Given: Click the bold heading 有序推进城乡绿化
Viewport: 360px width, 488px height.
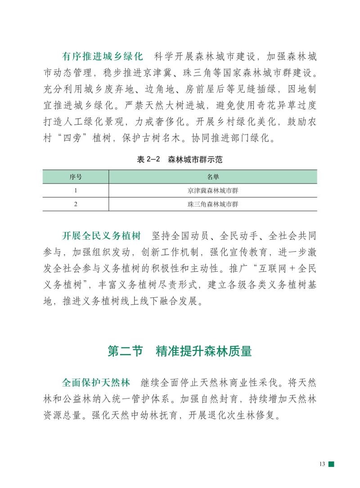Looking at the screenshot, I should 102,57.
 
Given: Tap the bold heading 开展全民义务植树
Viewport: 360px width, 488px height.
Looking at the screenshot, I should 101,236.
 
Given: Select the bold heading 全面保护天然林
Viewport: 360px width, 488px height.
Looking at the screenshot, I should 96,382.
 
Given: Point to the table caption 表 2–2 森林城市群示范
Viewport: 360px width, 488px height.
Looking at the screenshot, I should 180,159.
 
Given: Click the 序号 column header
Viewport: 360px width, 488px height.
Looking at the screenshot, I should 76,177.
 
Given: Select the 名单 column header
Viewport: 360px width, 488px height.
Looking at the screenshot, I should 213,177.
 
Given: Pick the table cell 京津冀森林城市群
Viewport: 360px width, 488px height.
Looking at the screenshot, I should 213,191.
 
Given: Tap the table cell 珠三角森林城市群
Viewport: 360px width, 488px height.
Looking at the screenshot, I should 213,204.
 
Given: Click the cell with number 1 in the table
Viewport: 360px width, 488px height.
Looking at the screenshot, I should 76,191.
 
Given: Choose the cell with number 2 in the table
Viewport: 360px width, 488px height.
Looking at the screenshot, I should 76,204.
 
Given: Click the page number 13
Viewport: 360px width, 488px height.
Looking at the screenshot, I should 322,464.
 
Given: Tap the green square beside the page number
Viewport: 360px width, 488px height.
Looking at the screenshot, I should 331,464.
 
